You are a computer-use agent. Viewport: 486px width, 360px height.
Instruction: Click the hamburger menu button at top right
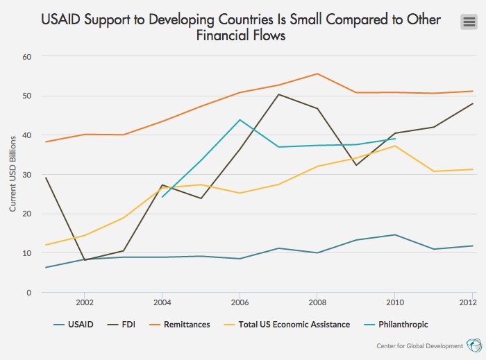tap(469, 22)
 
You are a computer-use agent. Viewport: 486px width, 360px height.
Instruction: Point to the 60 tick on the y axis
tap(27, 56)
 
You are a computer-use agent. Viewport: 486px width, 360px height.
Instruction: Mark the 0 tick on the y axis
tap(29, 293)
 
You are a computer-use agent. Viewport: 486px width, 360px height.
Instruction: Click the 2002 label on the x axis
tap(84, 303)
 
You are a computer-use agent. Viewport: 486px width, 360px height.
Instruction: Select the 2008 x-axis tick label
tap(317, 303)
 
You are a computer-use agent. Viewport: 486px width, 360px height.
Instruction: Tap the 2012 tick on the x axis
tap(467, 303)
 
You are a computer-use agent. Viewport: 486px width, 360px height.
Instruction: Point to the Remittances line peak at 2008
tap(317, 74)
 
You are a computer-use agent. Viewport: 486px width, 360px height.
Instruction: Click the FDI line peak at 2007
tap(278, 94)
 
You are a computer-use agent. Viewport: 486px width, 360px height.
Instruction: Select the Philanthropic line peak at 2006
tap(240, 120)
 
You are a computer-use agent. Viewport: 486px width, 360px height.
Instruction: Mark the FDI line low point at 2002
tap(84, 260)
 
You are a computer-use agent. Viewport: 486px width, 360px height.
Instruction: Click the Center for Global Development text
tap(419, 346)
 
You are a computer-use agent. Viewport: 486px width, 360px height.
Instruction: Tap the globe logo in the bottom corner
tap(474, 345)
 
